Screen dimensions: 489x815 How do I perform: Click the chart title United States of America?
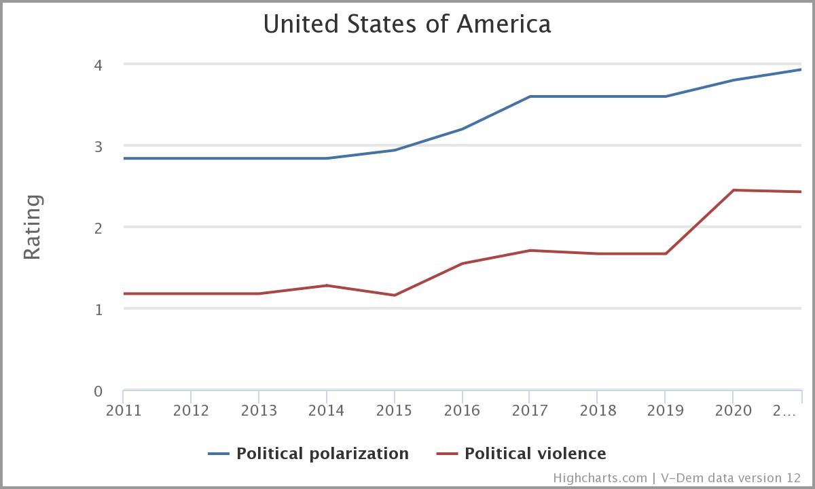tap(407, 24)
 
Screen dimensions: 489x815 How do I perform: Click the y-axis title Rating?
tap(33, 227)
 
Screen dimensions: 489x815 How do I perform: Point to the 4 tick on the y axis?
tap(98, 65)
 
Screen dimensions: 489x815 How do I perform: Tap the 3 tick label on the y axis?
tap(98, 147)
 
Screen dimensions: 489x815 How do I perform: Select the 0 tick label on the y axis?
tap(98, 391)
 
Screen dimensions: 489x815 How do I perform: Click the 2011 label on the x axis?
tap(123, 410)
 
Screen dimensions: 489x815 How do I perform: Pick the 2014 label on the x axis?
tap(327, 410)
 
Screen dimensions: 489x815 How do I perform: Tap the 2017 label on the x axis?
tap(530, 410)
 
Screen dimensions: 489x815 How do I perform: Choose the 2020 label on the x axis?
tap(733, 410)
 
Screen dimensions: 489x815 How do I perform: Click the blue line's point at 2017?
tap(530, 96)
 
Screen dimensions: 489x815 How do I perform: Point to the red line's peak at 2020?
tap(733, 190)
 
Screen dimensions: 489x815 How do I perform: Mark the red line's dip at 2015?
tap(395, 295)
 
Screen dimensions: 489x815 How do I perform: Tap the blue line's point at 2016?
tap(463, 129)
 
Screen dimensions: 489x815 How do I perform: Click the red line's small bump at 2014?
tap(327, 285)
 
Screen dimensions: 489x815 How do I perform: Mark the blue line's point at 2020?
tap(733, 80)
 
